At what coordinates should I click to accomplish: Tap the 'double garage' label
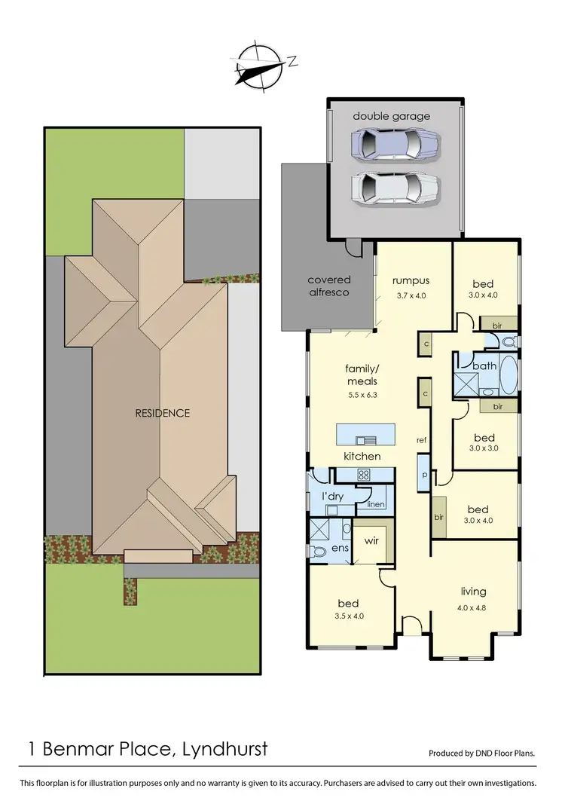392,116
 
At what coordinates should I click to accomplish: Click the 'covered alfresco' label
328,286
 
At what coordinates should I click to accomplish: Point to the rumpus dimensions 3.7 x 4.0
411,295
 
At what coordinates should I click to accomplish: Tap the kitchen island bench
365,435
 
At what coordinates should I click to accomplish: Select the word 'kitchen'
362,457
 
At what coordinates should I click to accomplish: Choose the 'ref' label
422,439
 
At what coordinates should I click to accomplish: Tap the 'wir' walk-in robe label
371,540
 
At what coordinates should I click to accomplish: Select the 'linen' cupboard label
377,505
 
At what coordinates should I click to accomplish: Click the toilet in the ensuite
319,551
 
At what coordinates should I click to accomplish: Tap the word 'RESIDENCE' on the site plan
163,413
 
